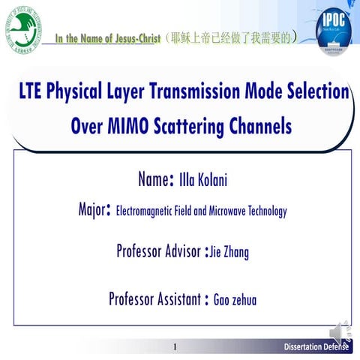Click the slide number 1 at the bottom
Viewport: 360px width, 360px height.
[x=175, y=347]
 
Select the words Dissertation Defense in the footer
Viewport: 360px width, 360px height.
[x=316, y=347]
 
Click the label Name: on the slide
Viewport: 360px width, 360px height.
[x=156, y=180]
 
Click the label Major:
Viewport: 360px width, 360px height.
[x=95, y=208]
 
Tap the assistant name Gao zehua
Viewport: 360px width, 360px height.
[x=235, y=300]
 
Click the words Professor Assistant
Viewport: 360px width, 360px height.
[x=154, y=299]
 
